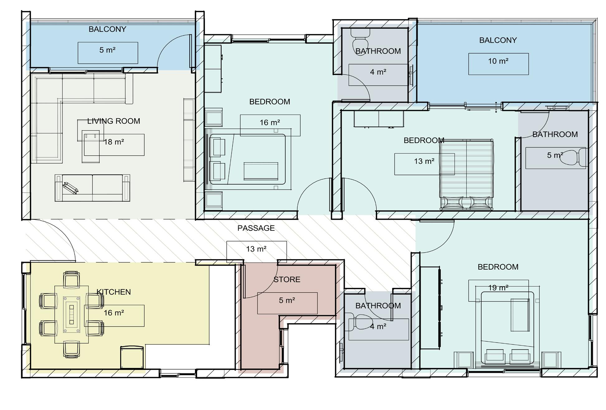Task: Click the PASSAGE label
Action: point(256,228)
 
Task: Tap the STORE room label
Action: point(287,280)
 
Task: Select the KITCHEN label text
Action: point(114,292)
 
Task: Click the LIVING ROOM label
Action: point(114,121)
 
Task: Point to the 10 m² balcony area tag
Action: point(498,61)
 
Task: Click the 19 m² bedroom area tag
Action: point(498,288)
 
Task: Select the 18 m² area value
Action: point(114,142)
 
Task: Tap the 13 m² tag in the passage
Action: point(256,249)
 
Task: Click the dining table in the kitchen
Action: point(72,314)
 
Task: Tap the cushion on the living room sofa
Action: point(71,188)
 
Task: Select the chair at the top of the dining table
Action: point(71,279)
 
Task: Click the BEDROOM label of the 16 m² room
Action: point(270,102)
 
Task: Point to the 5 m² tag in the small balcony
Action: point(107,50)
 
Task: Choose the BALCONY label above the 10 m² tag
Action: point(498,40)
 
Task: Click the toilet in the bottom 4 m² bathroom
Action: point(360,323)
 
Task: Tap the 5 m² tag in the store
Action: point(287,300)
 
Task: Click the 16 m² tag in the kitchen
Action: point(114,313)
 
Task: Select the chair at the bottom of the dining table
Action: point(71,350)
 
